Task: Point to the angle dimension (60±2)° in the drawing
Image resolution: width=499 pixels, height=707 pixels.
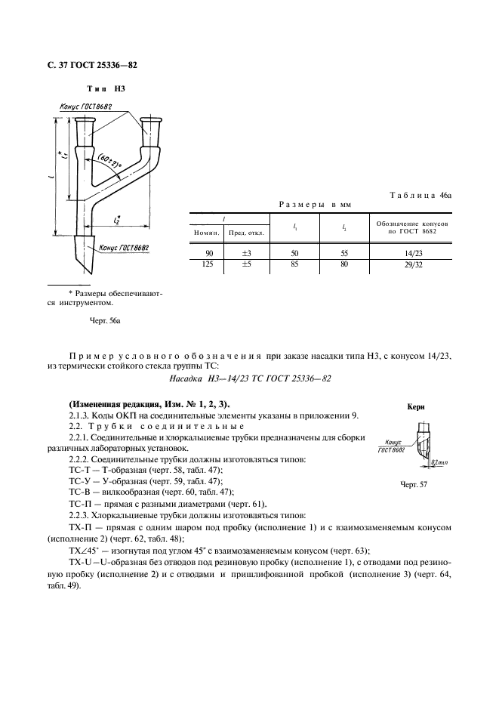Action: pyautogui.click(x=110, y=164)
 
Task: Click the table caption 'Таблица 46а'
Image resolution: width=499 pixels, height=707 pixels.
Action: pyautogui.click(x=420, y=195)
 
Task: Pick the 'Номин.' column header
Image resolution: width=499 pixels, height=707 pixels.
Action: pyautogui.click(x=207, y=233)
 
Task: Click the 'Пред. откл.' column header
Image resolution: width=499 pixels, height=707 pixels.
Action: pyautogui.click(x=245, y=233)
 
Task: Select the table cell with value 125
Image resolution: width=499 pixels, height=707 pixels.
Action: pyautogui.click(x=209, y=265)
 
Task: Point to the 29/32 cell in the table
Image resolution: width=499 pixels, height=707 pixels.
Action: pyautogui.click(x=413, y=265)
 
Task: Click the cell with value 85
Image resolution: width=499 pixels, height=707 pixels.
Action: pyautogui.click(x=294, y=265)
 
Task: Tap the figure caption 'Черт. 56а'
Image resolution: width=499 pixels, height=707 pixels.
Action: pyautogui.click(x=106, y=320)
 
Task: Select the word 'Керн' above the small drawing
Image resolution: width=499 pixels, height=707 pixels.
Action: pyautogui.click(x=416, y=406)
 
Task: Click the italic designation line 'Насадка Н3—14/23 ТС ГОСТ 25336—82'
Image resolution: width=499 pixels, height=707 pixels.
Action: pyautogui.click(x=249, y=378)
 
